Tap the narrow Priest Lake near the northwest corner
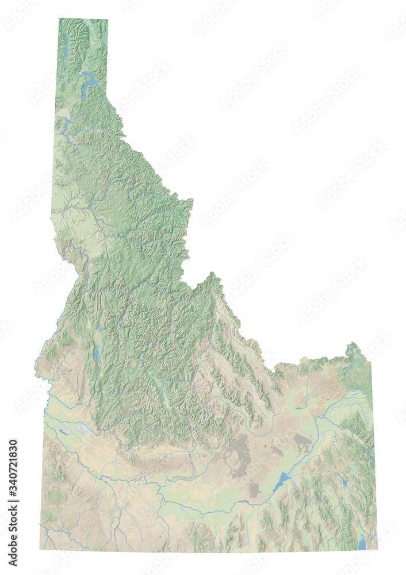click(x=66, y=47)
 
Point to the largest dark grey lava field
click(x=239, y=454)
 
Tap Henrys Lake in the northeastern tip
click(x=350, y=350)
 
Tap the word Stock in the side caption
click(x=13, y=547)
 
